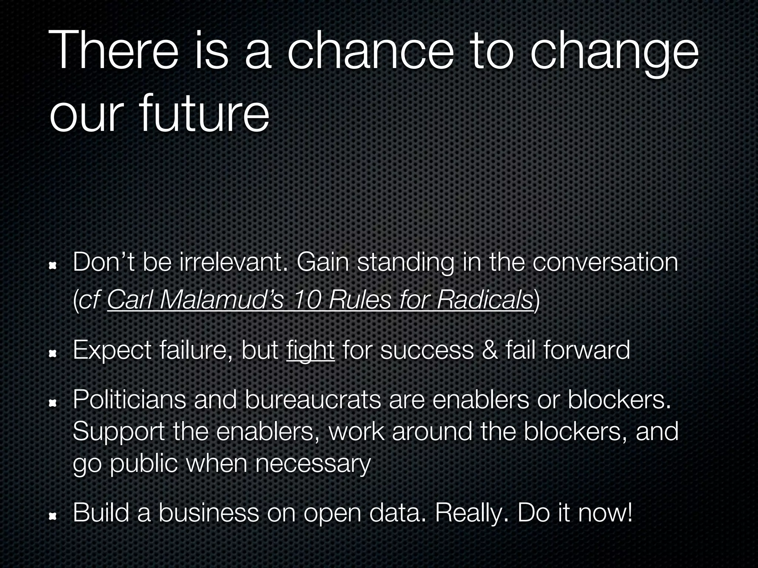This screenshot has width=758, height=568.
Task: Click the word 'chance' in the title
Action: pos(370,52)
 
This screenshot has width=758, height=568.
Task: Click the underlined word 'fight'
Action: pos(310,351)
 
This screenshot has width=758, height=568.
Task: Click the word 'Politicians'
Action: pos(129,400)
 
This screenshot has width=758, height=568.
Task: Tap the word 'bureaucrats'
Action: pos(313,400)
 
